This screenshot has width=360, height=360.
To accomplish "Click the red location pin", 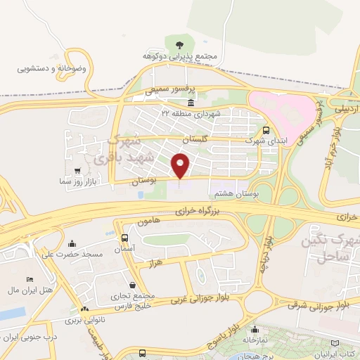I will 181,166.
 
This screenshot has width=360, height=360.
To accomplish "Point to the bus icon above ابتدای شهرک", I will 266,130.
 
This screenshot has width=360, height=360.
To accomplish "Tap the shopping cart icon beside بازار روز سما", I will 77,171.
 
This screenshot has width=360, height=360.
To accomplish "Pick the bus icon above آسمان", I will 124,238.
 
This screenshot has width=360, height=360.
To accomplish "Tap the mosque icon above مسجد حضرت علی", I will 76,243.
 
